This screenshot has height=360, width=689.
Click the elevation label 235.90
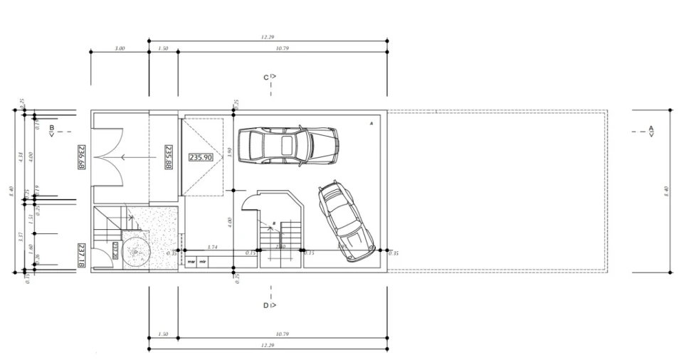pos(201,157)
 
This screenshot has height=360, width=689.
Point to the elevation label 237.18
pos(81,254)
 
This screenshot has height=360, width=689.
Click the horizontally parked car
pos(287,146)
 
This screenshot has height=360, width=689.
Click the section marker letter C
pos(266,77)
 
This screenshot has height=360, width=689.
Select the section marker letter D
pos(265,305)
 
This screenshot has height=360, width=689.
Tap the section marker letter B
pos(51,129)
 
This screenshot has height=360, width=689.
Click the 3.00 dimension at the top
pos(120,48)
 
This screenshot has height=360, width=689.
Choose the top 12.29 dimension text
pos(268,37)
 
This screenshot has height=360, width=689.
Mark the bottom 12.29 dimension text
pos(268,345)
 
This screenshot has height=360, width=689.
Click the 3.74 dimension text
pos(211,247)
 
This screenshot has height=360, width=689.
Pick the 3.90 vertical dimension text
pos(229,151)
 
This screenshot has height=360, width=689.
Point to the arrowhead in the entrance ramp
pos(122,157)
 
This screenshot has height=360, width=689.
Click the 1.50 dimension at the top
pos(163,48)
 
